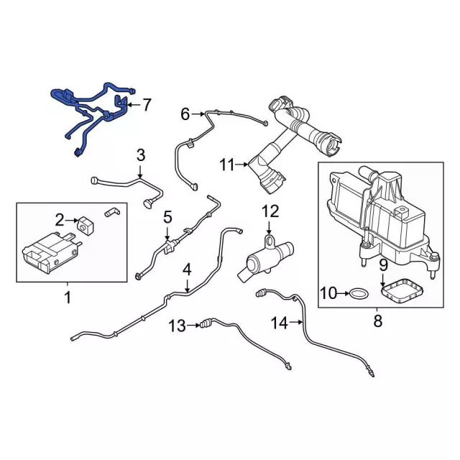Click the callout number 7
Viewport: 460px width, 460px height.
tap(147, 105)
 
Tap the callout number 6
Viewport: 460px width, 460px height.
tap(185, 114)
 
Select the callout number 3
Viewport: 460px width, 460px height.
tap(141, 155)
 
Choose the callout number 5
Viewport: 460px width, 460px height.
tap(167, 216)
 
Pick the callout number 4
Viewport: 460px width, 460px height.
tap(187, 271)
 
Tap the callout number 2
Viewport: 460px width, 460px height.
tap(61, 218)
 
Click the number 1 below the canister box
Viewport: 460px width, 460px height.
tap(69, 297)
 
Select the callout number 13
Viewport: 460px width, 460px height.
tap(176, 326)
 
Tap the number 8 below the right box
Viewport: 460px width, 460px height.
tap(378, 321)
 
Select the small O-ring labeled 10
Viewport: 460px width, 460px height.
tap(358, 293)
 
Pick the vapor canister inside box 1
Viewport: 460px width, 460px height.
tap(48, 254)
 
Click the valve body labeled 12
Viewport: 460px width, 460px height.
tap(262, 255)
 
